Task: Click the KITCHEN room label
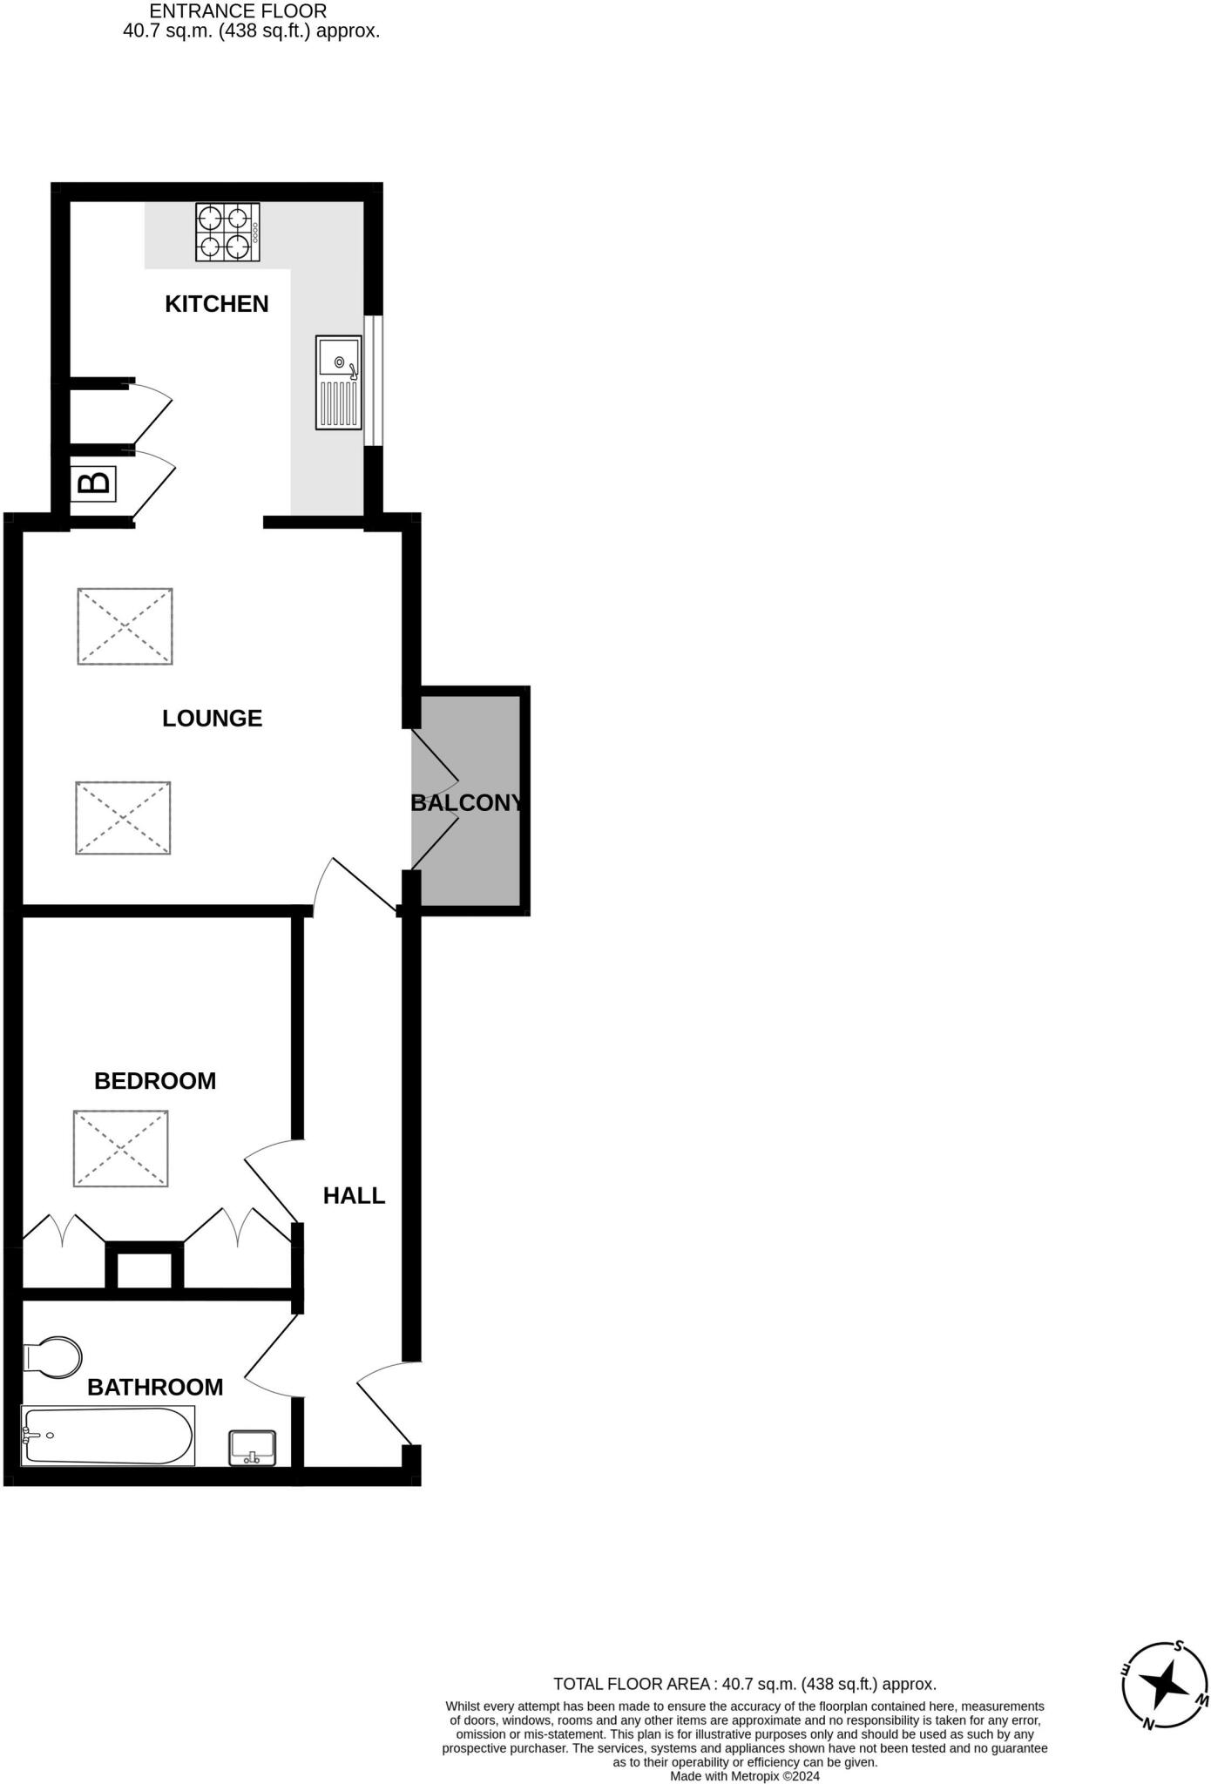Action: point(216,304)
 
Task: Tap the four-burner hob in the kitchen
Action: point(227,233)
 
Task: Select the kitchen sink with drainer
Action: point(338,382)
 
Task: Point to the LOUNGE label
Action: point(212,719)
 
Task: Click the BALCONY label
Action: point(467,803)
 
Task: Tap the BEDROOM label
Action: point(155,1081)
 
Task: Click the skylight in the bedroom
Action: point(120,1148)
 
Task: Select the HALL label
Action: point(354,1196)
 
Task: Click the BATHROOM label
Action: point(155,1387)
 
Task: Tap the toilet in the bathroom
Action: point(52,1357)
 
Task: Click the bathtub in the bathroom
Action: point(107,1436)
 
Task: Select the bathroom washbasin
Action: point(252,1448)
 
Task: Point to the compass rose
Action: point(1165,1686)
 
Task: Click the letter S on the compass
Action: point(1179,1645)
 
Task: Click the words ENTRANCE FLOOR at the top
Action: point(238,12)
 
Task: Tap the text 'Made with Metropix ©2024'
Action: point(744,1776)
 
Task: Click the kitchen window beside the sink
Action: point(373,381)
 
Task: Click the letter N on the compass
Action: point(1149,1725)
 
